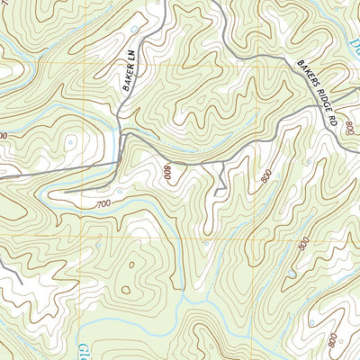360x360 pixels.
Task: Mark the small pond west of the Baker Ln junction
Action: pyautogui.click(x=68, y=141)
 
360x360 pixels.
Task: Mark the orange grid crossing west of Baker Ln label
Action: pyautogui.click(x=85, y=66)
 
